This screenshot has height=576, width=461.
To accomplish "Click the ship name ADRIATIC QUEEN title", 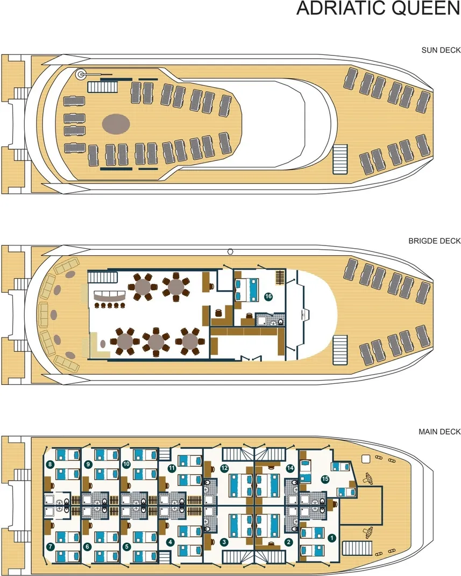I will point(378,9).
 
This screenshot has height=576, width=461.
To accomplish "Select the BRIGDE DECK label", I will point(435,241).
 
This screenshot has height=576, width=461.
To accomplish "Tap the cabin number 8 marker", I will point(50,465).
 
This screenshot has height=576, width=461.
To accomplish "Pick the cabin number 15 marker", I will point(325,478).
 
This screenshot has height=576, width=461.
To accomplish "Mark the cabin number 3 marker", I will point(224,542).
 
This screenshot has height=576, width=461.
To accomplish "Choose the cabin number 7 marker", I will point(50,546).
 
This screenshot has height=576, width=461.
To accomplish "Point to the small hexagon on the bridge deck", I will point(230,251).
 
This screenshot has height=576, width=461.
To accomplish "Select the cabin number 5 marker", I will point(126,546).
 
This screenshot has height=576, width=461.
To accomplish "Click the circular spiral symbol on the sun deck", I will point(81,75).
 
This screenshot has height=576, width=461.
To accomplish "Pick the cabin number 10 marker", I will point(126,464).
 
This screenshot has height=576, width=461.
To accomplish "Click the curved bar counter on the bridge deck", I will point(109,296).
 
